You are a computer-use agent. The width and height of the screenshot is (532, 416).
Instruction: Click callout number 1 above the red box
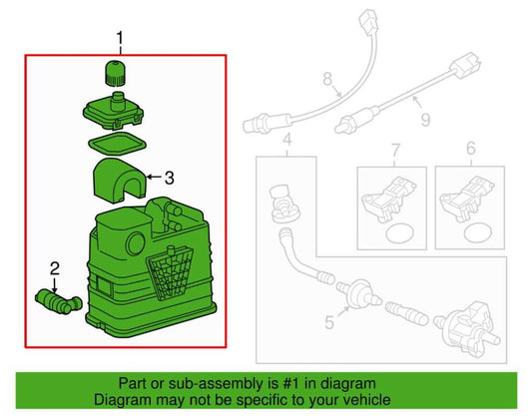(120, 39)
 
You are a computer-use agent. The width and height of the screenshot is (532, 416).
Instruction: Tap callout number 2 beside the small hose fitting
(55, 268)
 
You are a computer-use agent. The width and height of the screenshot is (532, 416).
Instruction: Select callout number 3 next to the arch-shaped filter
(170, 178)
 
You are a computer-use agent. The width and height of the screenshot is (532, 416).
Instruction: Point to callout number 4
(287, 140)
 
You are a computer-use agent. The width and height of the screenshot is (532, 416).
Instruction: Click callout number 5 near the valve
(329, 322)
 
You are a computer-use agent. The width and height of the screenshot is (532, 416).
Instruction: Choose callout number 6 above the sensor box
(471, 149)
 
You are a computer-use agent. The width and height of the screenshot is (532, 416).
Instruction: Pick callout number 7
(395, 151)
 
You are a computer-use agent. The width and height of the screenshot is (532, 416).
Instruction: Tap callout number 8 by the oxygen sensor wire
(327, 79)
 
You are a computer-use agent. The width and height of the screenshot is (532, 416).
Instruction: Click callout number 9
(425, 120)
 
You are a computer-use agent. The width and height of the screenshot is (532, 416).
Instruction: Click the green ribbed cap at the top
(115, 72)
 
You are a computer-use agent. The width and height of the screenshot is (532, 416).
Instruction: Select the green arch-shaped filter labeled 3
(120, 181)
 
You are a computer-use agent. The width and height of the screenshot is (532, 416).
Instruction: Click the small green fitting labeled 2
(58, 301)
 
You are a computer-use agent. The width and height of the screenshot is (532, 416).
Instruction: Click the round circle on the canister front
(136, 243)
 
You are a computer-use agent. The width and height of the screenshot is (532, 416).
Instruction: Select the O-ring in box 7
(400, 233)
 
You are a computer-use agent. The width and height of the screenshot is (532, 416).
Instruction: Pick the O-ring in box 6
(478, 232)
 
